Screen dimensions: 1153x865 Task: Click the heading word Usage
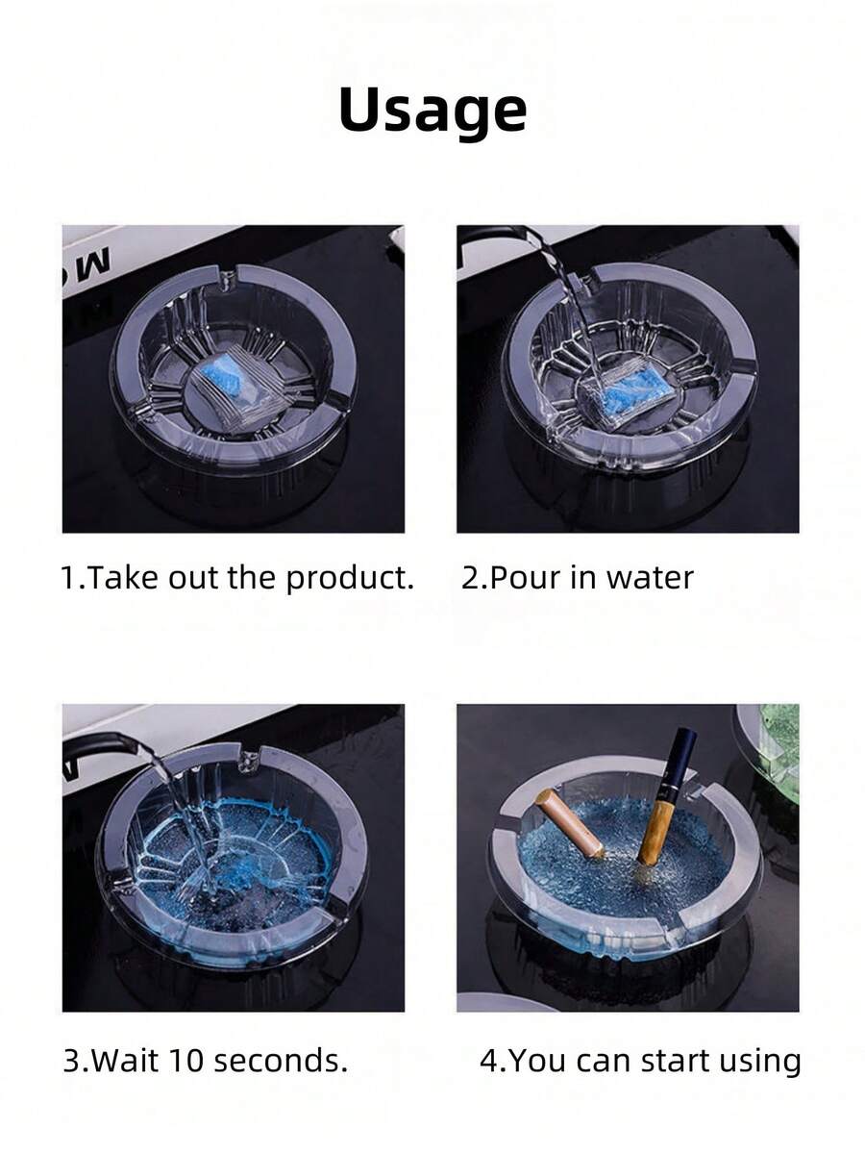click(x=432, y=111)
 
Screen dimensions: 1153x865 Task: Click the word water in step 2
click(x=650, y=578)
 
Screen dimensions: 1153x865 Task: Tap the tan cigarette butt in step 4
click(x=570, y=822)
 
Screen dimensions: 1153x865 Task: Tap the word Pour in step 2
click(x=525, y=578)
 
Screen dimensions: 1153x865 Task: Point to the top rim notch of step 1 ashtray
click(x=227, y=280)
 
